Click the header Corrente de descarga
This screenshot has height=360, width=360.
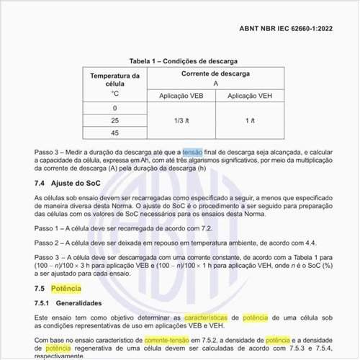[215, 74]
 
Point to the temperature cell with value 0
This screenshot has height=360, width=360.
[114, 108]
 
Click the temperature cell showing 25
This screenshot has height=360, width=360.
[114, 120]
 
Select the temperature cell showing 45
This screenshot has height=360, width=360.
[114, 133]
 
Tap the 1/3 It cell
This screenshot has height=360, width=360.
[182, 120]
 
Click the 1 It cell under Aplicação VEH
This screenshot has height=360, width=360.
[248, 120]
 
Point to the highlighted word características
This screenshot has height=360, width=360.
[210, 317]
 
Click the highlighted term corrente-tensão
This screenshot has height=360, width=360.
[170, 338]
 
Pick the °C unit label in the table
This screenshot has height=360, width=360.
[114, 94]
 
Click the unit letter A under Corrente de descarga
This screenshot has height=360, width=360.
[215, 84]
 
